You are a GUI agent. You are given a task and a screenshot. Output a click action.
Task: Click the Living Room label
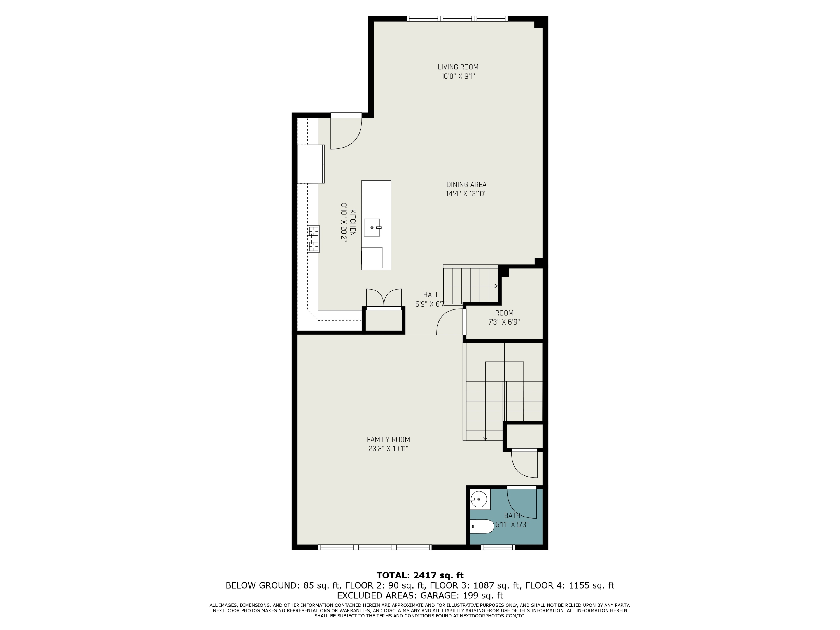(458, 67)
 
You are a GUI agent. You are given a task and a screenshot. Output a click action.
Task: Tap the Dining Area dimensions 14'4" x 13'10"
(466, 194)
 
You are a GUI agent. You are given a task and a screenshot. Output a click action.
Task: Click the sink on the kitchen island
(372, 227)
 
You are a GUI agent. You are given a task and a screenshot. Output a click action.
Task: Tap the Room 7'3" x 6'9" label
(504, 318)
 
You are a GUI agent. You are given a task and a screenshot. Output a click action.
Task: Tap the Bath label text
(512, 515)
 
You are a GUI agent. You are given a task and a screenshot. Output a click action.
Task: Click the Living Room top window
(457, 18)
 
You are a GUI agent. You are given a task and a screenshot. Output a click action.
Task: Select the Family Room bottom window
(375, 547)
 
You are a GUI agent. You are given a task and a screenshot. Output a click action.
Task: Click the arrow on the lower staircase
(485, 438)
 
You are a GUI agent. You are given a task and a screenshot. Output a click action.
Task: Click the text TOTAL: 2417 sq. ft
(420, 575)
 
